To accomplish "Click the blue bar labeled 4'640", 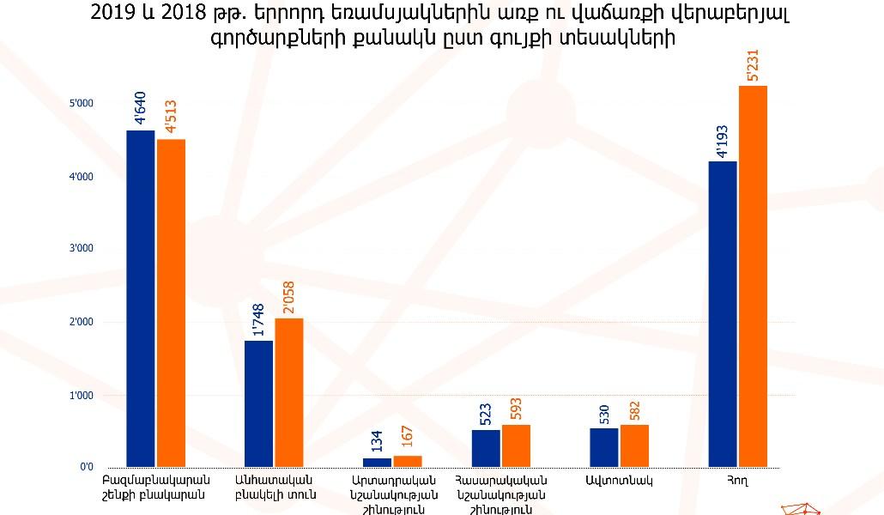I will pos(140,299).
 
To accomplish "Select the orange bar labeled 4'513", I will pos(171,303).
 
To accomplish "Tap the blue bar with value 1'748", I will pos(258,403).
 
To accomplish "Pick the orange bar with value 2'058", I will pos(289,392).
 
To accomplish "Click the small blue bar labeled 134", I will pos(377,463).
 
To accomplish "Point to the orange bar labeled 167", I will pos(408,462).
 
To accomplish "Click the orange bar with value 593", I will pos(517,445).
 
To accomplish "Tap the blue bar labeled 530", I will pos(604,447).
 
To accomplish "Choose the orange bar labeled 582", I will pos(634,445).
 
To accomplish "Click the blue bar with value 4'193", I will pos(723,314).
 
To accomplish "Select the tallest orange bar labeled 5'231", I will pos(753,276).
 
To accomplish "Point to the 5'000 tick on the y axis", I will pos(82,104).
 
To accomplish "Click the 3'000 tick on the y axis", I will pos(82,249).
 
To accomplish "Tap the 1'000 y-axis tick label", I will pos(82,396).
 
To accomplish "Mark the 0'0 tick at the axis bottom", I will pos(87,468).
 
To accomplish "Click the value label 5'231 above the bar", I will pos(753,65).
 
